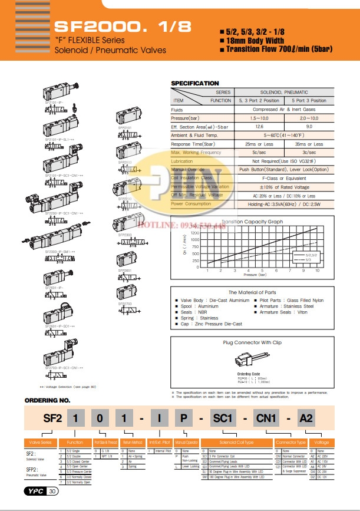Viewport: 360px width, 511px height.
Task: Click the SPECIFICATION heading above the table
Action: pos(194,83)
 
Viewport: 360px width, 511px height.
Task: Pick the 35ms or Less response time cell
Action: pos(309,144)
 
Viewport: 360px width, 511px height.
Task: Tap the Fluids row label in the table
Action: pos(177,109)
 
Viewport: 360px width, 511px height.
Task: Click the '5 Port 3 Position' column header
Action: pos(309,100)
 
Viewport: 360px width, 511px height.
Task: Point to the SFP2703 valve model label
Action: pos(124,304)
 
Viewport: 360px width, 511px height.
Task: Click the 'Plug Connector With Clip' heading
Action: pos(252,342)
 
